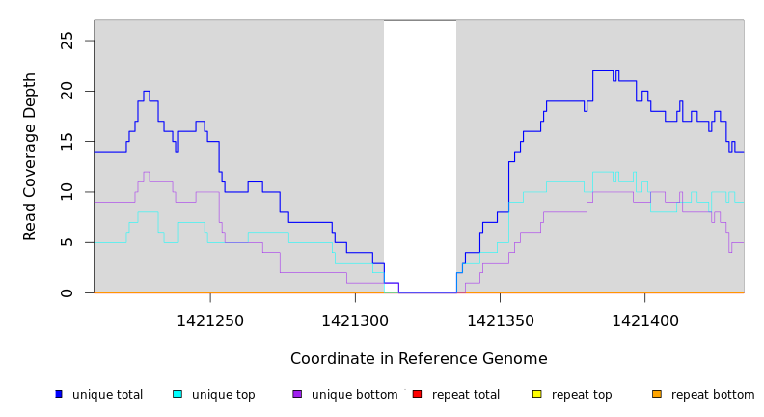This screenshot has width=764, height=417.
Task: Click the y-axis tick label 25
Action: click(67, 41)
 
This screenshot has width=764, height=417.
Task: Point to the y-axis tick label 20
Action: click(67, 91)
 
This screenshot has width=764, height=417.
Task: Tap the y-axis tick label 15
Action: click(67, 142)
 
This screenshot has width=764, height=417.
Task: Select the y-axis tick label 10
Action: click(67, 192)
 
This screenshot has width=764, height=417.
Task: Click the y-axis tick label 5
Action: click(67, 242)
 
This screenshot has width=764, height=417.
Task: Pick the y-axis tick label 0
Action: click(67, 293)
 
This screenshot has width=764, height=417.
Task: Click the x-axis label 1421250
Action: click(210, 320)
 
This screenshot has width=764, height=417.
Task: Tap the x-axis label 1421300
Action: click(355, 320)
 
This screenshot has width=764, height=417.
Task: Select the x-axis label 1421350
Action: click(500, 320)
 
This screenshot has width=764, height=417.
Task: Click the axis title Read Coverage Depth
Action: click(31, 156)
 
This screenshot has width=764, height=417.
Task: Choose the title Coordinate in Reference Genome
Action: click(419, 359)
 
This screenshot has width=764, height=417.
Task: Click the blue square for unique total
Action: click(59, 394)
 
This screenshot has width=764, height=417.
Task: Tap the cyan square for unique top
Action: click(177, 394)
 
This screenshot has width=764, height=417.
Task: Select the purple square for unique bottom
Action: click(297, 394)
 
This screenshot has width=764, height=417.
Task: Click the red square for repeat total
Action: click(417, 394)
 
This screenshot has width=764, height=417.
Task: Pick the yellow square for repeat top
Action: click(537, 394)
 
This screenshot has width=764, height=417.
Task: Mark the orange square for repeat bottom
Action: click(657, 394)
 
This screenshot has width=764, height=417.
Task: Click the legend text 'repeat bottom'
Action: click(713, 395)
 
